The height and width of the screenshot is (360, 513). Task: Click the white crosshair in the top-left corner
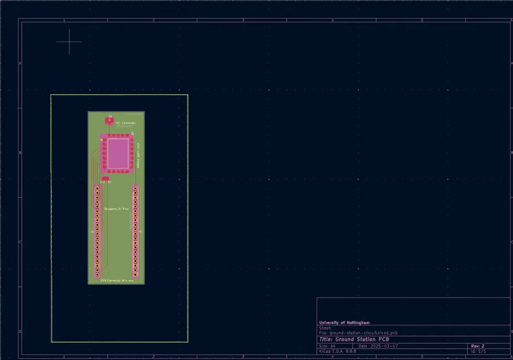(x=69, y=42)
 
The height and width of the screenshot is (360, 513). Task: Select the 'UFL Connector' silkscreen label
(x=125, y=123)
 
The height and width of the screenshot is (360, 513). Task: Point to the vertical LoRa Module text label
(x=138, y=156)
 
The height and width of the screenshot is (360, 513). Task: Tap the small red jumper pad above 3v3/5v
(x=105, y=178)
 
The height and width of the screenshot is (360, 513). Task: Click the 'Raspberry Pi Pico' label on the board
(x=116, y=209)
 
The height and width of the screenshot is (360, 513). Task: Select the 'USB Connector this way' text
(x=116, y=280)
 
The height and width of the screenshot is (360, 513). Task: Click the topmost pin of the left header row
(x=97, y=188)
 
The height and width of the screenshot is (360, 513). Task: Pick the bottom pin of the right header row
(x=135, y=274)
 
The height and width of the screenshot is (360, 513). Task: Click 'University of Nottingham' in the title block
(x=344, y=323)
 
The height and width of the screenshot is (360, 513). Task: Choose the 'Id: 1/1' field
(x=478, y=351)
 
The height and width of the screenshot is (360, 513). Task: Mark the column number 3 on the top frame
(x=242, y=20)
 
